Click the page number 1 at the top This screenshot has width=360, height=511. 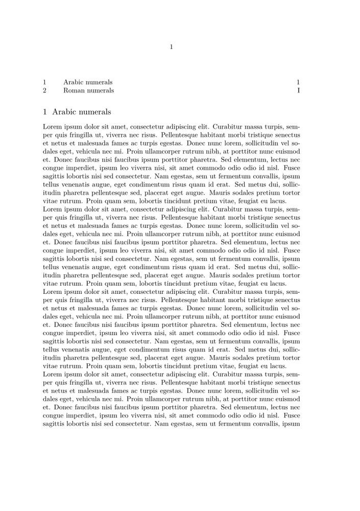pyautogui.click(x=172, y=47)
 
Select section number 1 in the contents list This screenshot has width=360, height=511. pyautogui.click(x=45, y=82)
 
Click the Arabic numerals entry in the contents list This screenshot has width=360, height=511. pyautogui.click(x=88, y=82)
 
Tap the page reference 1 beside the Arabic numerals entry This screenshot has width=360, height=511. pyautogui.click(x=298, y=82)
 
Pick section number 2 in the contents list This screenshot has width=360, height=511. pyautogui.click(x=45, y=91)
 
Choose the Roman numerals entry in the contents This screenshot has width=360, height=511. pyautogui.click(x=88, y=91)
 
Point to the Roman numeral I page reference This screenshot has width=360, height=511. pyautogui.click(x=298, y=91)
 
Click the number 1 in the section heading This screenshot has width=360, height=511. pyautogui.click(x=45, y=112)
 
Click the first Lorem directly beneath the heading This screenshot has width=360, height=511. pyautogui.click(x=53, y=127)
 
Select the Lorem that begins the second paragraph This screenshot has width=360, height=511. pyautogui.click(x=53, y=210)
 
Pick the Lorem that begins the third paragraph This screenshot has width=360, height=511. pyautogui.click(x=53, y=292)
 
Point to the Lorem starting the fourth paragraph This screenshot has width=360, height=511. pyautogui.click(x=53, y=375)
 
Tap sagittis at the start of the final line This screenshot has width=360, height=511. pyautogui.click(x=55, y=424)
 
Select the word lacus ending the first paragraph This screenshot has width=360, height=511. pyautogui.click(x=277, y=201)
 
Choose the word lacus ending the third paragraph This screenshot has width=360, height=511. pyautogui.click(x=277, y=366)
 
